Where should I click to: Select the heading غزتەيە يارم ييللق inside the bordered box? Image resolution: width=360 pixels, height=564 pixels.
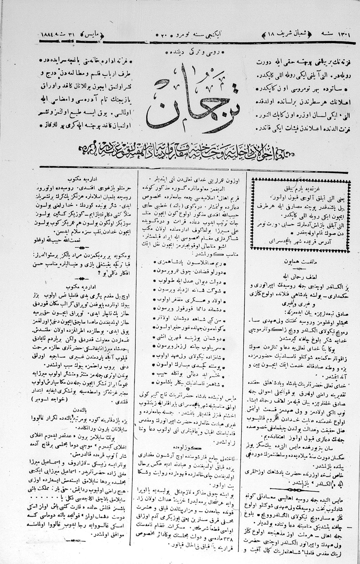coord(301,188)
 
